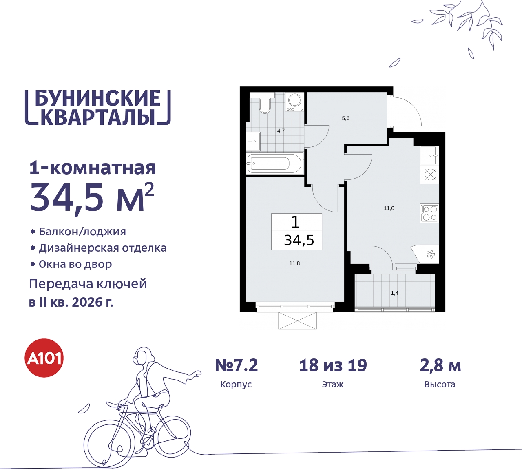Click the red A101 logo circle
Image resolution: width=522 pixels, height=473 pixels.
point(44,358)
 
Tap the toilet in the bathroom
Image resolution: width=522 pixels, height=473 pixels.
point(265,105)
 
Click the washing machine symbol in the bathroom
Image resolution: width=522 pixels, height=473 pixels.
point(294,101)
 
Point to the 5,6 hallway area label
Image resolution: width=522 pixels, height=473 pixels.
point(345,119)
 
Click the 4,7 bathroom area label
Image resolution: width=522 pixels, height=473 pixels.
point(281,131)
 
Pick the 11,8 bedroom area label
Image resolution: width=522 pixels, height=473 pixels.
point(294,263)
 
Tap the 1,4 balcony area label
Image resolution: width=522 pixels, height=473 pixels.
point(394,293)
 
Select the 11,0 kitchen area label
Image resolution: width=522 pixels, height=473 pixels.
point(389,208)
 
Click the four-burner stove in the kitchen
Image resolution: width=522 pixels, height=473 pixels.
point(430,213)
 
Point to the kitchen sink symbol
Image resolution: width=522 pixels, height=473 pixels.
point(430,155)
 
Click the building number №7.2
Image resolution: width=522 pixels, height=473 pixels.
point(237,365)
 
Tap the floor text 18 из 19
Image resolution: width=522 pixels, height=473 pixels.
point(333,365)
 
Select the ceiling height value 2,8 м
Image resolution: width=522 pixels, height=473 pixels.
point(440,365)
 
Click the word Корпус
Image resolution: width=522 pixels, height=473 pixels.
point(236,385)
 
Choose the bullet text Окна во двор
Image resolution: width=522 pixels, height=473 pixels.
point(75,264)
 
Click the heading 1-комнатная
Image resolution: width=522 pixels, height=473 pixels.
point(93,168)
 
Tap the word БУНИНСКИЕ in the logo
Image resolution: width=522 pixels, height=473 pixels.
point(98,98)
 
